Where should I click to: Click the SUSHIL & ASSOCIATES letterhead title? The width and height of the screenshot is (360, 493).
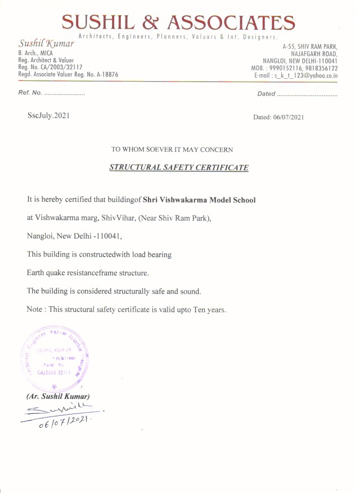pyautogui.click(x=178, y=22)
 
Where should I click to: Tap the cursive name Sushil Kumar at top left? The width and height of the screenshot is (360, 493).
pyautogui.click(x=47, y=43)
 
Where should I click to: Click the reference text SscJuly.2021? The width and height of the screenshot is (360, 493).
pyautogui.click(x=49, y=115)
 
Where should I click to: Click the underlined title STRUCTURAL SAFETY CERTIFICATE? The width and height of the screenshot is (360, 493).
pyautogui.click(x=178, y=168)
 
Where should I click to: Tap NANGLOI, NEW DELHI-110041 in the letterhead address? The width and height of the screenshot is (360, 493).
pyautogui.click(x=300, y=61)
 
